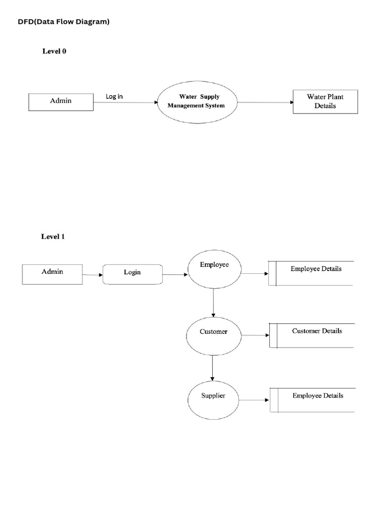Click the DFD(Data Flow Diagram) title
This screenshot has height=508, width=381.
pos(63,22)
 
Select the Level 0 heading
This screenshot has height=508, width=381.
pos(54,51)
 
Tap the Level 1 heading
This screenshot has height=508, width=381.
pos(53,237)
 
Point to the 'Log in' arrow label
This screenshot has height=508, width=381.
pos(114,96)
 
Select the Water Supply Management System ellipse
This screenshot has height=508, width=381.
pos(196,101)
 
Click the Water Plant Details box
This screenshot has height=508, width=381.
pos(325,101)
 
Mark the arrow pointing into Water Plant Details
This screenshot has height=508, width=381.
pos(265,103)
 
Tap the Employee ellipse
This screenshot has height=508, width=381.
pos(214,269)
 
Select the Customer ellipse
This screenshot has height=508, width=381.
pos(213,336)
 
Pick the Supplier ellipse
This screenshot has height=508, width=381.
pos(213,399)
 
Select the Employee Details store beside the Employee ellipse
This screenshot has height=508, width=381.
pos(311,273)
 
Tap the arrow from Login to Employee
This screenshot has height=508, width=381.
pos(175,274)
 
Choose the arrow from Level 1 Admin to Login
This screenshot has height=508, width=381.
pos(92,275)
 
